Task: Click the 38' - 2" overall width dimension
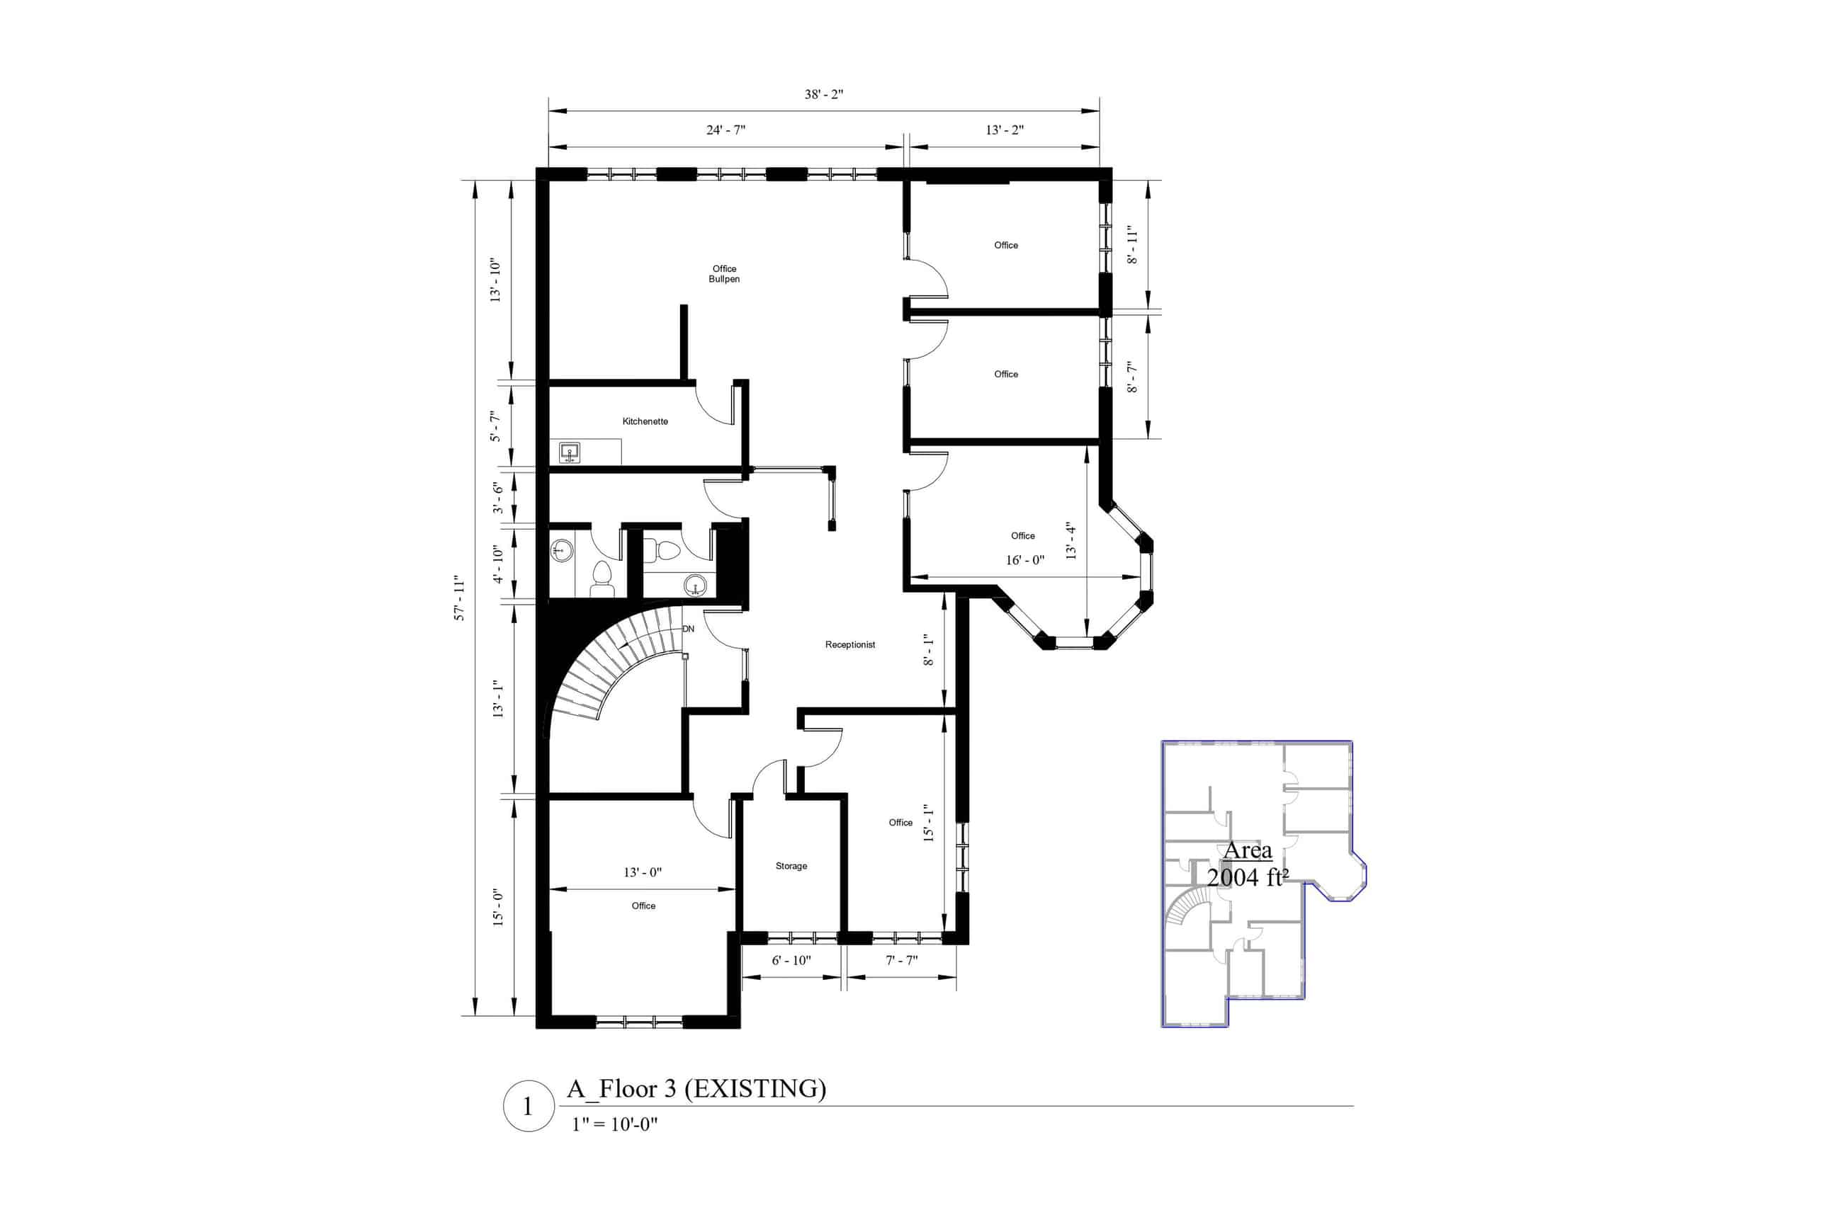pyautogui.click(x=823, y=95)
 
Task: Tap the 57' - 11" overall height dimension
pyautogui.click(x=460, y=599)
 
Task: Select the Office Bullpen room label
pyautogui.click(x=723, y=274)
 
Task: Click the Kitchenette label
pyautogui.click(x=644, y=422)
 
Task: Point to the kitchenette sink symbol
pyautogui.click(x=569, y=452)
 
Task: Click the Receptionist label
pyautogui.click(x=849, y=645)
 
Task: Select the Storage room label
pyautogui.click(x=791, y=866)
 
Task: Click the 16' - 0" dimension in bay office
pyautogui.click(x=1024, y=560)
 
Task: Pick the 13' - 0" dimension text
pyautogui.click(x=642, y=872)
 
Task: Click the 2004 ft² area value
pyautogui.click(x=1247, y=878)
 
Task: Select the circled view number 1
pyautogui.click(x=528, y=1107)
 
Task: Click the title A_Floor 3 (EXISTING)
pyautogui.click(x=696, y=1088)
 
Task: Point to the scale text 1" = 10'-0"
pyautogui.click(x=614, y=1124)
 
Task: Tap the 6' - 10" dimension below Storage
pyautogui.click(x=791, y=960)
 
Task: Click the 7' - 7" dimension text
pyautogui.click(x=901, y=960)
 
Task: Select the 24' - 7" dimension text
pyautogui.click(x=725, y=130)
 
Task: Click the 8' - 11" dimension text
pyautogui.click(x=1132, y=245)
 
